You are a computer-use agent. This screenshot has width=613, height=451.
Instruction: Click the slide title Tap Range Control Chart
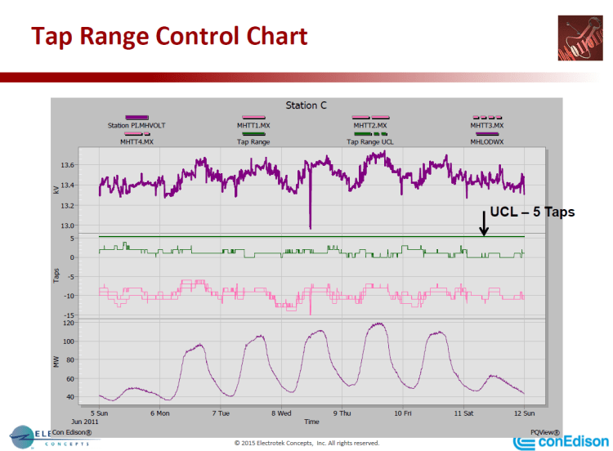coord(169,37)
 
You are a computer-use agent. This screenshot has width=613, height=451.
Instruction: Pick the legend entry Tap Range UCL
coord(370,141)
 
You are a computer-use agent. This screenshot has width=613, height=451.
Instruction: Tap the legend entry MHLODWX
coord(486,141)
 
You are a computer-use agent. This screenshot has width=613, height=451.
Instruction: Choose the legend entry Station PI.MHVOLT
coord(136,126)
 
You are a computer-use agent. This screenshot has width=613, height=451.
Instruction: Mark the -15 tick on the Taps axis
coord(87,315)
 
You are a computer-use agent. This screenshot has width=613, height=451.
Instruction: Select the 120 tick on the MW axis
coord(87,323)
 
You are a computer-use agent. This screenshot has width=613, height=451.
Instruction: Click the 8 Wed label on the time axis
coord(284,413)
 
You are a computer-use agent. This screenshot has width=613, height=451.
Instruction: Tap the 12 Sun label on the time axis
coord(523,413)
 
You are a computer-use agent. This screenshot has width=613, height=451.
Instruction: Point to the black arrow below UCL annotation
coord(484,223)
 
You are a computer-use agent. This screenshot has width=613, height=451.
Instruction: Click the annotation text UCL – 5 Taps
coord(532,212)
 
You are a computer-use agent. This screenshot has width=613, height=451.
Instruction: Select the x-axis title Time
coord(311,422)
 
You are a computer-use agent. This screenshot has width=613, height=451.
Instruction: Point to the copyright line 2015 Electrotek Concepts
coord(306,443)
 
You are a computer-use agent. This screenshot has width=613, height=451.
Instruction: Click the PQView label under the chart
coord(544,432)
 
